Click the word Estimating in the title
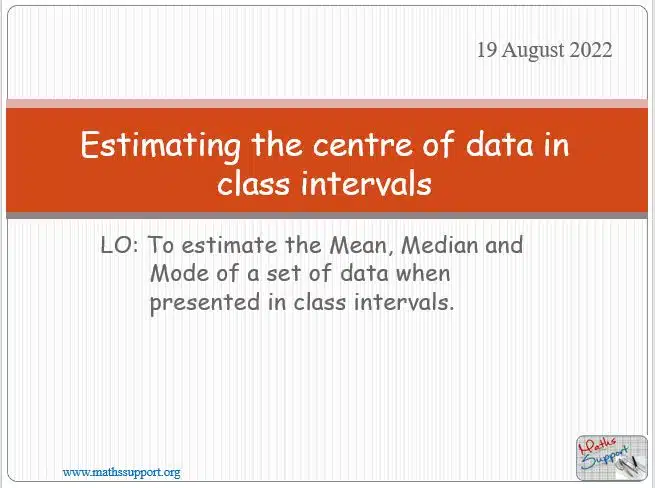tap(161, 145)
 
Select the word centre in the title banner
tap(363, 145)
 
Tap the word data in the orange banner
tap(500, 144)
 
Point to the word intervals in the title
tap(366, 183)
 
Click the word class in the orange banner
tap(253, 183)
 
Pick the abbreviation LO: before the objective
tap(119, 245)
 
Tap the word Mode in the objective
tap(180, 274)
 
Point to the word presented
tap(205, 303)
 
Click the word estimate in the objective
tap(229, 245)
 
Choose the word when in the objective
tap(423, 274)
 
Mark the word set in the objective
tap(284, 274)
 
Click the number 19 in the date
tap(487, 50)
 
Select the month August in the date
tap(533, 51)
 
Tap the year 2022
tap(591, 50)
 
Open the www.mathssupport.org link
tap(122, 473)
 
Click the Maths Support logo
tap(612, 458)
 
